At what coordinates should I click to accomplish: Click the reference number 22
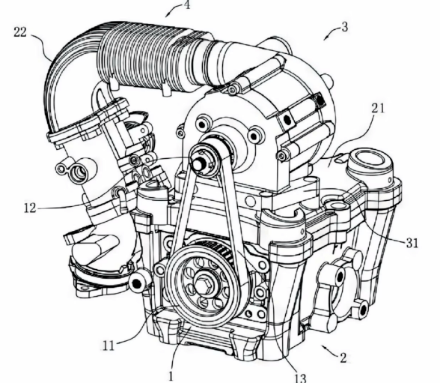pyautogui.click(x=20, y=32)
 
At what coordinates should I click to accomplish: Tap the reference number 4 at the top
pyautogui.click(x=187, y=4)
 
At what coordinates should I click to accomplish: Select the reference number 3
pyautogui.click(x=344, y=27)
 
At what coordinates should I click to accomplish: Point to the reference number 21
pyautogui.click(x=378, y=108)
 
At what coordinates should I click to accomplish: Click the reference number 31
pyautogui.click(x=412, y=243)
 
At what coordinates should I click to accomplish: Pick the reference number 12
pyautogui.click(x=30, y=208)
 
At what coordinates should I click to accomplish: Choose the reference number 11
pyautogui.click(x=109, y=346)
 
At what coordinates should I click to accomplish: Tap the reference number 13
pyautogui.click(x=301, y=378)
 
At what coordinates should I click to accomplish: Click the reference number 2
pyautogui.click(x=343, y=358)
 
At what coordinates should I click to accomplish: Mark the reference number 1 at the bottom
pyautogui.click(x=171, y=376)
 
